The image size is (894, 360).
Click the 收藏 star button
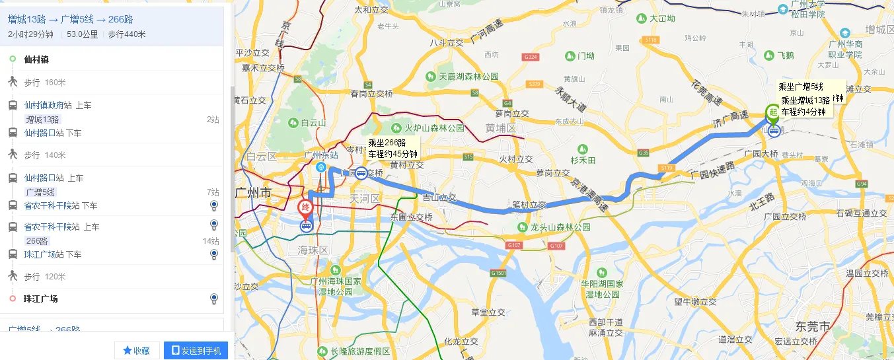[x=137, y=351]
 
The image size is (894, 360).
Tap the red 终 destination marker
[x=305, y=208]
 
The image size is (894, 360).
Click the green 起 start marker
[x=771, y=112]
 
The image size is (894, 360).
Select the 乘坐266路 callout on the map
[x=392, y=148]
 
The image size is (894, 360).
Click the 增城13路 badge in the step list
[x=42, y=120]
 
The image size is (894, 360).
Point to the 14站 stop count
[x=211, y=241]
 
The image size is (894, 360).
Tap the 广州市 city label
[x=254, y=194]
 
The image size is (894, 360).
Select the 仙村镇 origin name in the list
[x=36, y=59]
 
